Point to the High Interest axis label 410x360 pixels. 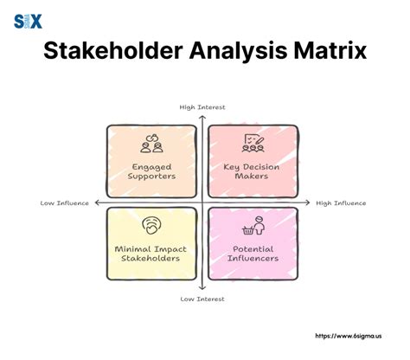[202, 107]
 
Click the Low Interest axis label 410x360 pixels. [202, 299]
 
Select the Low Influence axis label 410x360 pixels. [64, 203]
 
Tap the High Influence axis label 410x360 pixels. [341, 203]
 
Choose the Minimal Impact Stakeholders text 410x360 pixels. [151, 253]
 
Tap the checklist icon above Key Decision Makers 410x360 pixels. [253, 140]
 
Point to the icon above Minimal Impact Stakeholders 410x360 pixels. [151, 224]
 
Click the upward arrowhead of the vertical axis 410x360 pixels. [202, 116]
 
